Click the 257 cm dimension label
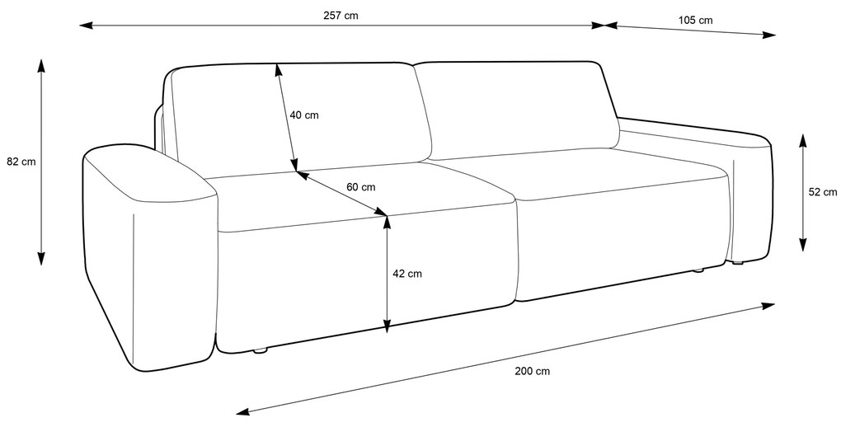pos(341,15)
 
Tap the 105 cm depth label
pos(696,20)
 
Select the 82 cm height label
pos(21,162)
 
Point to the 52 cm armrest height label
pos(822,192)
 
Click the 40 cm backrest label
pos(303,115)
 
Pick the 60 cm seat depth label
pos(360,187)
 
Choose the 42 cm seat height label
pos(407,273)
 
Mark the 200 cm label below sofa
pos(532,371)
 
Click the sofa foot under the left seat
pos(261,351)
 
